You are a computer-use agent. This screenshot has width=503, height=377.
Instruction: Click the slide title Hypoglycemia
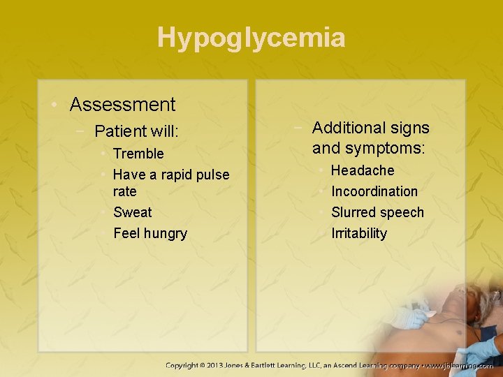[251, 37]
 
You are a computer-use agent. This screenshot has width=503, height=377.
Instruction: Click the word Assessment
[122, 105]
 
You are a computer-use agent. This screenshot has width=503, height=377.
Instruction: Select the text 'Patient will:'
[136, 131]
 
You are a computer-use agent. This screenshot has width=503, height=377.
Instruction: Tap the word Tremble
[138, 154]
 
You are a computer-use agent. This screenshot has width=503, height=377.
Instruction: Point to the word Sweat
[132, 212]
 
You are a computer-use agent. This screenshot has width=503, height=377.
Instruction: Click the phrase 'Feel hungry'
[150, 233]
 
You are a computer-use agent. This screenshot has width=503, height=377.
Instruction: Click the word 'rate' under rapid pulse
[124, 191]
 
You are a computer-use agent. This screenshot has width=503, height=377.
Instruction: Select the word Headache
[363, 170]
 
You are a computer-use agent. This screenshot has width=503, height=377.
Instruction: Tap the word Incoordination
[374, 191]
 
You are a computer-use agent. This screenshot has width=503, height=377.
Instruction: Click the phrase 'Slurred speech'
[377, 212]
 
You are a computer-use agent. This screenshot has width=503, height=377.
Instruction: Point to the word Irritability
[359, 233]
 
